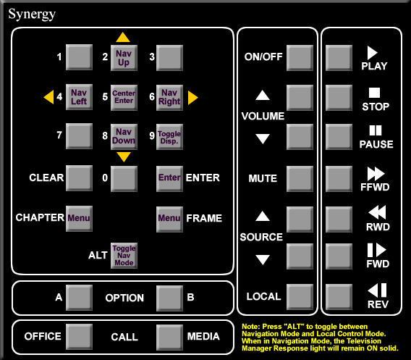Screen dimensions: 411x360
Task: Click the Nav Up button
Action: [124, 58]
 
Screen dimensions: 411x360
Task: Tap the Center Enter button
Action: [124, 97]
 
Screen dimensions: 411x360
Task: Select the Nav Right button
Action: [169, 97]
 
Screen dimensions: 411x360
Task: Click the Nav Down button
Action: [124, 136]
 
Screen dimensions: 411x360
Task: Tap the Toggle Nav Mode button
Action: [124, 255]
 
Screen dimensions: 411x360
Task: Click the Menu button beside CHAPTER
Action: [79, 218]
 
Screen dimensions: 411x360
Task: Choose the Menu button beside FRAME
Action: [169, 219]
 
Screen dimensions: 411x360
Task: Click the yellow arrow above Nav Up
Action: [123, 37]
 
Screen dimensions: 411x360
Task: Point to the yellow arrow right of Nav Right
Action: [193, 98]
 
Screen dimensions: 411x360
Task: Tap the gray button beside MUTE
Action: [300, 179]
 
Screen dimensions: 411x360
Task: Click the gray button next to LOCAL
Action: [300, 297]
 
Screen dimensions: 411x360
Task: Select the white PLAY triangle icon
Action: [372, 53]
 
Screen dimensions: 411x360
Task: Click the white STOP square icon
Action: [374, 93]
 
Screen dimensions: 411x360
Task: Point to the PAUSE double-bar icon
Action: [376, 130]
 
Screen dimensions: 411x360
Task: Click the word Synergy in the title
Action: [32, 14]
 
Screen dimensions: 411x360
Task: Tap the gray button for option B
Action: [169, 298]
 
